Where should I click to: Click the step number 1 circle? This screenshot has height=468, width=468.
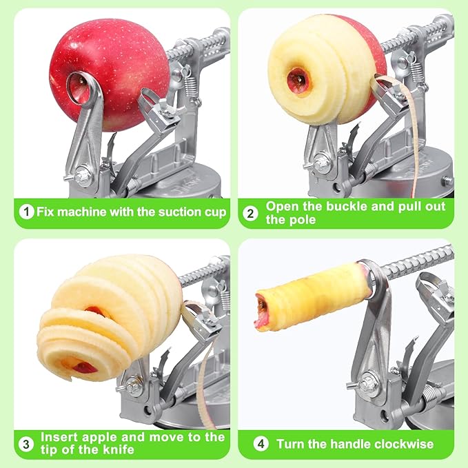point(26,212)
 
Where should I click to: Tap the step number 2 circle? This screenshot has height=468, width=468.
point(251,212)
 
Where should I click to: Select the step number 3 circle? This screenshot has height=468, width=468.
point(26,443)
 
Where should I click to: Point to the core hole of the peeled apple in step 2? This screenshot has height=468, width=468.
point(299,81)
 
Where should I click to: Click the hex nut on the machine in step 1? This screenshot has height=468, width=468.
point(83,176)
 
